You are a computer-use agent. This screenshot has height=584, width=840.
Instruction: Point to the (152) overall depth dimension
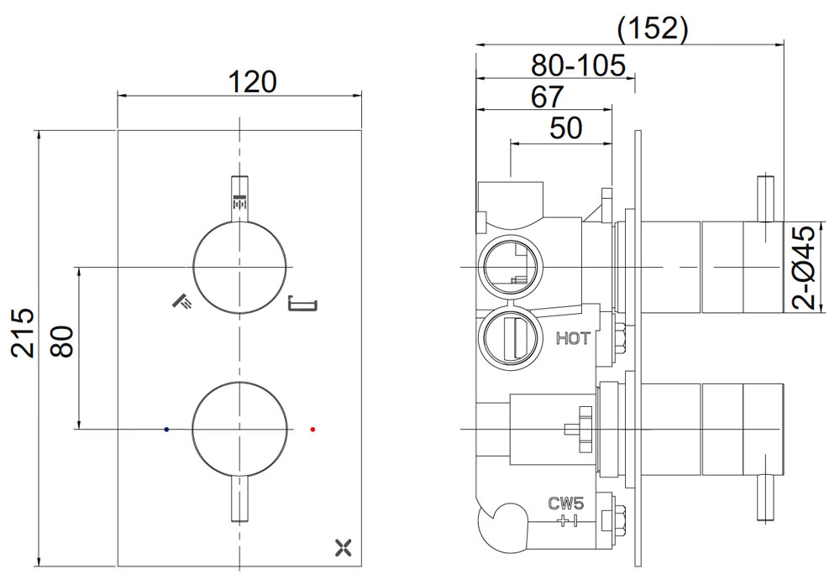pos(652,29)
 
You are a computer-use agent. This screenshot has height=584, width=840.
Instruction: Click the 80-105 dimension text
pos(579,65)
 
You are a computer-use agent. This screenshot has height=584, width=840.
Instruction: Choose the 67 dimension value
pos(547,96)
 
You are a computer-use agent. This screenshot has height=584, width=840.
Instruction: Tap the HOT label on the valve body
pos(574,339)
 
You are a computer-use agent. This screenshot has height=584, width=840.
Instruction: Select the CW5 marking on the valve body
pos(566,504)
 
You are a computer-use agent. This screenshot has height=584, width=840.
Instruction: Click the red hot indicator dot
pos(313,429)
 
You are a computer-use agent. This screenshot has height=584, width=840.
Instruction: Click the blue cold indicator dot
pos(168,429)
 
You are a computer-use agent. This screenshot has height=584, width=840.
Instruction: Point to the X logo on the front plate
pos(341,549)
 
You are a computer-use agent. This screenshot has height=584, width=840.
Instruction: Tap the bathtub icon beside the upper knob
pos(301,305)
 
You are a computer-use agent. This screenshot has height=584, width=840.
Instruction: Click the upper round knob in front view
pos(241,267)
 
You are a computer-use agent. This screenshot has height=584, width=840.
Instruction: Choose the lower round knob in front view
pos(241,429)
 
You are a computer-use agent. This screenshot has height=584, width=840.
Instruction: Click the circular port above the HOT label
pos(507,265)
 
